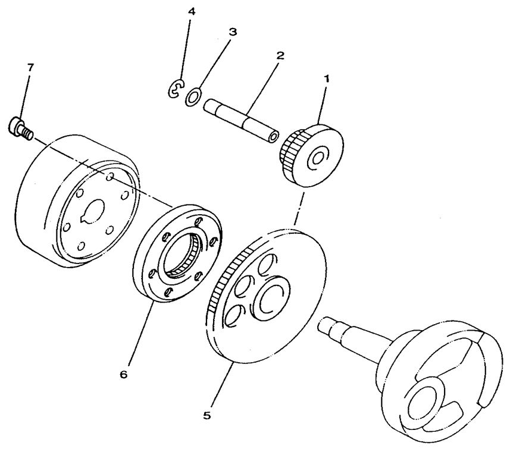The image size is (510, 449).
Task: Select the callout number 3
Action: (x=233, y=32)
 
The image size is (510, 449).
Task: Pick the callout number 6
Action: (x=123, y=375)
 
